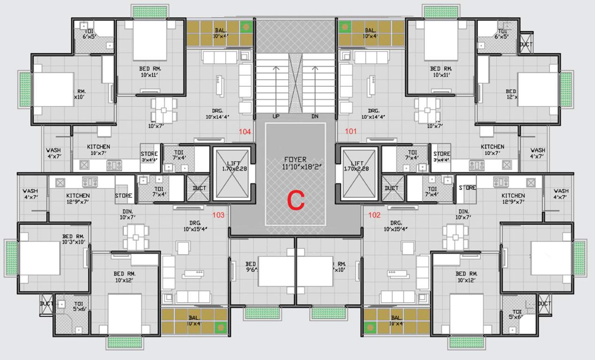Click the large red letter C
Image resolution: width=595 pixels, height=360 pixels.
(296, 200)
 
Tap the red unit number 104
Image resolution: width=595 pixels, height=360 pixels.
(245, 132)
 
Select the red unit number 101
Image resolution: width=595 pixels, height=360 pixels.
(351, 132)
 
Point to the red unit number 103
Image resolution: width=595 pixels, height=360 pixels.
(218, 215)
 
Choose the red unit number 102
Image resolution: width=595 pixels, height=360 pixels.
(374, 215)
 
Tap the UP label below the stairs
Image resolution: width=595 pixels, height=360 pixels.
(276, 116)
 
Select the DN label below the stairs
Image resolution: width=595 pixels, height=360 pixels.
(315, 116)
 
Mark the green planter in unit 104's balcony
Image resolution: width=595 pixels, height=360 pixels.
(245, 27)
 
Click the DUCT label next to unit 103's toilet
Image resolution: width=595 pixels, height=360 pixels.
(200, 188)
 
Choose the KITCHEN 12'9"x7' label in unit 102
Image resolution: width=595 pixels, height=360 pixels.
(513, 198)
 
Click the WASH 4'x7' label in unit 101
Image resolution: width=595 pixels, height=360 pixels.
(537, 153)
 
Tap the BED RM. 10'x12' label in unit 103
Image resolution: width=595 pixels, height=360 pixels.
(125, 277)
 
